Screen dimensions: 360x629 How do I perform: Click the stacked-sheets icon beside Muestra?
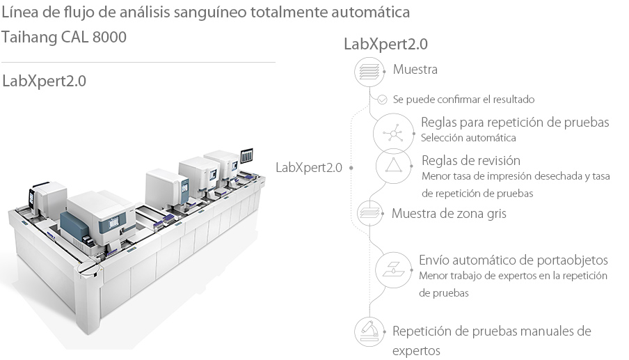click(369, 71)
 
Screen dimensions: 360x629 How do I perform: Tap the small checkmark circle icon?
click(382, 100)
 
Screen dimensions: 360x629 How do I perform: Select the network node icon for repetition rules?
click(390, 132)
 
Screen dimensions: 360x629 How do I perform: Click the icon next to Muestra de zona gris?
click(369, 212)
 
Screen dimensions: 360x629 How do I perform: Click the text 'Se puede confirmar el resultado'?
click(463, 100)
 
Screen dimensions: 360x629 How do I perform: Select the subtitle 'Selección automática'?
click(468, 138)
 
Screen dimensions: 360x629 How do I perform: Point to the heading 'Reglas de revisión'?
click(470, 160)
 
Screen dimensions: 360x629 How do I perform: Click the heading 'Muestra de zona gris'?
click(449, 213)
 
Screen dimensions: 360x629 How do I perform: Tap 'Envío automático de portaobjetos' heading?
click(513, 260)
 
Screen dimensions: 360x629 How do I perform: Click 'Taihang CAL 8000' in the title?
click(65, 37)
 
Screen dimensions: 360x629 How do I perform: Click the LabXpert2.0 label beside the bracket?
click(309, 167)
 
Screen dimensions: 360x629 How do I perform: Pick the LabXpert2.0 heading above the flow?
click(385, 44)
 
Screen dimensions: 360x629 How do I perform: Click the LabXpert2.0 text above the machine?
click(45, 81)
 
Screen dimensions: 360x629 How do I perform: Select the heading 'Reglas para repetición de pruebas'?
click(515, 123)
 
